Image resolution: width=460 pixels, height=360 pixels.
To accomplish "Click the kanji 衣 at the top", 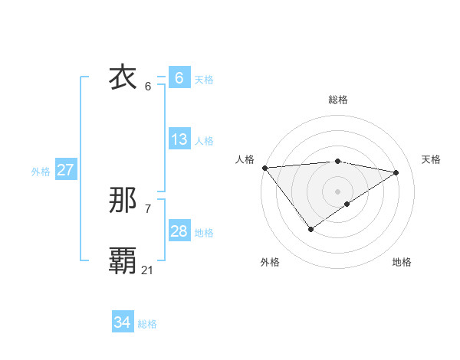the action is pyautogui.click(x=123, y=77).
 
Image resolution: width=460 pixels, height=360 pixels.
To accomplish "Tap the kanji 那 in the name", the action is pyautogui.click(x=123, y=201).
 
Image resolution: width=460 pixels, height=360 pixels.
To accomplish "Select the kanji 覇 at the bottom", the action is pyautogui.click(x=123, y=261).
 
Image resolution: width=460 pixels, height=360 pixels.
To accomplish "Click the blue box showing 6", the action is pyautogui.click(x=179, y=77).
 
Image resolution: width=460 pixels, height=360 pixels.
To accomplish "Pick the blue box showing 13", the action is pyautogui.click(x=179, y=139).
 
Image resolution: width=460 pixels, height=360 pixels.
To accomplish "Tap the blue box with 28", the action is pyautogui.click(x=179, y=231).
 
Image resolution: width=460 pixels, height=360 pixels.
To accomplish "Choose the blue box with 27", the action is pyautogui.click(x=65, y=170).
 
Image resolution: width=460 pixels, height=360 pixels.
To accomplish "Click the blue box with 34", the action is pyautogui.click(x=122, y=322).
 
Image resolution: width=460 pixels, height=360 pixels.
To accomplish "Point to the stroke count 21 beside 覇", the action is pyautogui.click(x=147, y=270).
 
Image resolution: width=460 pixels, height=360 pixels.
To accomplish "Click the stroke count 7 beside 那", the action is pyautogui.click(x=147, y=208).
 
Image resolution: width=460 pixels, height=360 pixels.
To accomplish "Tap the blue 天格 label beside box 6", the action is pyautogui.click(x=204, y=79).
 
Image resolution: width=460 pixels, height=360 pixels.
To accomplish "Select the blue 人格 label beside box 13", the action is pyautogui.click(x=204, y=141).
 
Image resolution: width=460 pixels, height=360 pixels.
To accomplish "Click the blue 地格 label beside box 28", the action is pyautogui.click(x=204, y=233).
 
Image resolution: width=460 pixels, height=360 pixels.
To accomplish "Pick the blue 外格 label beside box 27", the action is pyautogui.click(x=41, y=172).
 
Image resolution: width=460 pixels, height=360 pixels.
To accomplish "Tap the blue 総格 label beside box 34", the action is pyautogui.click(x=147, y=324).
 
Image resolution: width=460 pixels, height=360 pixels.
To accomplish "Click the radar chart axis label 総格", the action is pyautogui.click(x=337, y=100).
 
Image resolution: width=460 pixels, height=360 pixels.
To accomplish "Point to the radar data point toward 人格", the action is pyautogui.click(x=264, y=167).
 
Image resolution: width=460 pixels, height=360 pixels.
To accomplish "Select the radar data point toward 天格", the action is pyautogui.click(x=396, y=172).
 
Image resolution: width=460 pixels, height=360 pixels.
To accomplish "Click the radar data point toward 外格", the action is pyautogui.click(x=310, y=228).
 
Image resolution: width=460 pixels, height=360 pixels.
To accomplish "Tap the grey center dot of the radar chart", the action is pyautogui.click(x=337, y=191).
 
